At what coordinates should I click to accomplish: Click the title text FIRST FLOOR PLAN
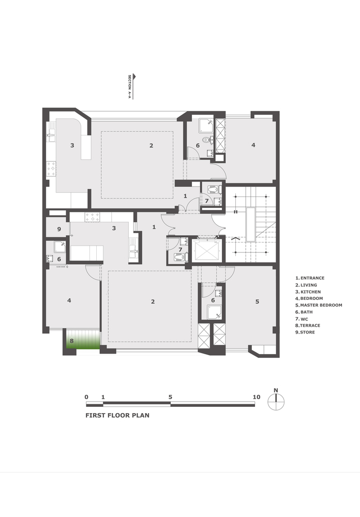[x=117, y=415]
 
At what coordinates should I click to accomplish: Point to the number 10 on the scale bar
[x=256, y=397]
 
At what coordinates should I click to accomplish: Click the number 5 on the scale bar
[x=170, y=397]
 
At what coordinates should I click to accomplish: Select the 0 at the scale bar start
[x=86, y=397]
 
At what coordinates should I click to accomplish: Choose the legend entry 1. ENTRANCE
[x=313, y=278]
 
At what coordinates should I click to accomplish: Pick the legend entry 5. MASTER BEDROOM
[x=318, y=305]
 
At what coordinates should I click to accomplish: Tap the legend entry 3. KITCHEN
[x=311, y=292]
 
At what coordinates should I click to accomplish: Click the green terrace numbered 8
[x=81, y=341]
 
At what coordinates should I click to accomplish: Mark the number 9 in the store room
[x=59, y=229]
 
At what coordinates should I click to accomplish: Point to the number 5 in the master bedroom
[x=257, y=301]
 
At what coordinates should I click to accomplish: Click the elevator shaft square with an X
[x=206, y=251]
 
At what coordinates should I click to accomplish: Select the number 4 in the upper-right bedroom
[x=253, y=145]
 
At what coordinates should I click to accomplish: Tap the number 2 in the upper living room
[x=152, y=146]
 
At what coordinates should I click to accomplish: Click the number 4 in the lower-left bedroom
[x=69, y=300]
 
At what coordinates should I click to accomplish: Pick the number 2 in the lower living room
[x=153, y=302]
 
